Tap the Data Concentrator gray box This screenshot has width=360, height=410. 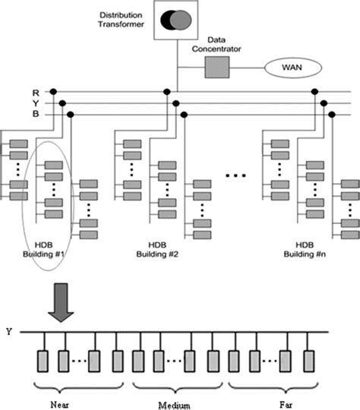click(216, 69)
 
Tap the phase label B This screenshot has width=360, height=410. click(25, 115)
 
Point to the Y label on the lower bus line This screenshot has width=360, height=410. click(8, 330)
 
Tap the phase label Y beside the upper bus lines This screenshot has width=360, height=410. click(25, 102)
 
